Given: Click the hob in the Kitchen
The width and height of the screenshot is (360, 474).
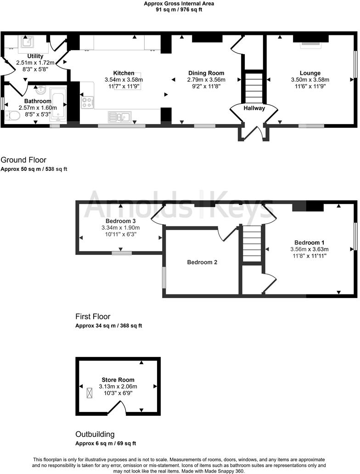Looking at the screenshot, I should click(87, 102).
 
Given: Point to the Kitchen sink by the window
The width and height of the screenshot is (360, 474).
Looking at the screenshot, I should click(120, 117).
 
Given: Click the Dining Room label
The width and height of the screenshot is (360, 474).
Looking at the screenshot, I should click(206, 73).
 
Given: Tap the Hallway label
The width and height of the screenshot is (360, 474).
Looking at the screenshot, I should click(254, 108).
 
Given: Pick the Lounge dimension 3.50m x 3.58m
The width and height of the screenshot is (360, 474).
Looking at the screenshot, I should click(310, 79).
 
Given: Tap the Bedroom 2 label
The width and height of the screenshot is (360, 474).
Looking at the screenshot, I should click(202, 262).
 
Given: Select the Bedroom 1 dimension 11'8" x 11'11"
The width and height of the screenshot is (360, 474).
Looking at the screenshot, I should click(310, 256).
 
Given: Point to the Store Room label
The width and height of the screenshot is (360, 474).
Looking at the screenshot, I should click(118, 380).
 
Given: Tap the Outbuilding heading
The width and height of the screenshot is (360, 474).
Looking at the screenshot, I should click(95, 434).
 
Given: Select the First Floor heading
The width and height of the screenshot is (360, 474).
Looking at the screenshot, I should click(93, 316).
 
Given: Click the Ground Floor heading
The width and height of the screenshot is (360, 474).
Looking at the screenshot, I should click(23, 160).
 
